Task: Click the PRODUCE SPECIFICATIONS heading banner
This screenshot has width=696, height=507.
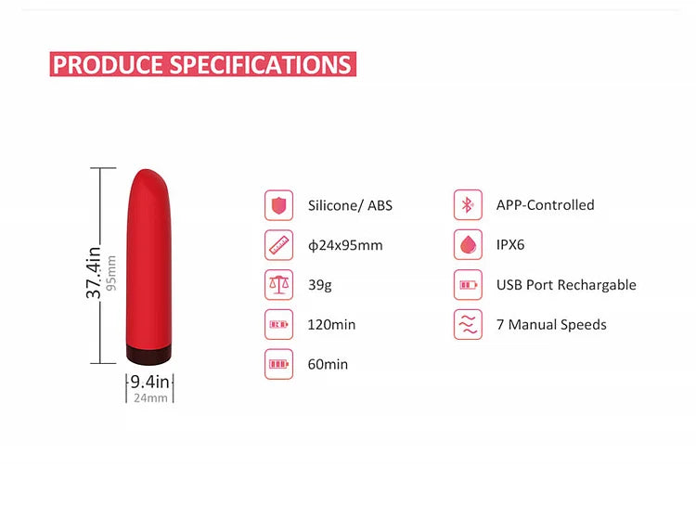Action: (202, 64)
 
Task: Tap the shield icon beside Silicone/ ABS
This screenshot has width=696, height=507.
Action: (278, 205)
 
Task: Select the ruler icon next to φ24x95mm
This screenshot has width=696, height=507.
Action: (278, 245)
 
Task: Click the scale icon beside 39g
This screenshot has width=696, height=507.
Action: (278, 284)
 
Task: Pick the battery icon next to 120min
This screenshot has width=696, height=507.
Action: (278, 324)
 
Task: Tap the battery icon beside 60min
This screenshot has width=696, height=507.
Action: (278, 364)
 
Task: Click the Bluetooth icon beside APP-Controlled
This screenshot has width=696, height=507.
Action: (468, 205)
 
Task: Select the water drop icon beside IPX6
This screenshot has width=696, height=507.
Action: (468, 245)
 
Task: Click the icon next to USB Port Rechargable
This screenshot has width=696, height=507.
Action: (468, 284)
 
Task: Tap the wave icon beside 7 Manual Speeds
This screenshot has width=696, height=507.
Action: (468, 324)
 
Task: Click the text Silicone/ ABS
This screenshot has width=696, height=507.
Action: (350, 205)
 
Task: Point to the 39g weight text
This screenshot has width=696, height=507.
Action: (319, 285)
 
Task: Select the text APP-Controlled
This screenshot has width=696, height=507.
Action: (545, 205)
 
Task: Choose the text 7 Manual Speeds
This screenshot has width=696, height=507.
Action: (551, 325)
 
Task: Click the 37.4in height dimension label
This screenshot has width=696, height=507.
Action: (93, 272)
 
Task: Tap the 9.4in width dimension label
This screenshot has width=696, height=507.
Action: (149, 382)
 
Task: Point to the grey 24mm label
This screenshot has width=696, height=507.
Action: (150, 398)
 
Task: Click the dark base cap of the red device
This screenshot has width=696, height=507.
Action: (149, 354)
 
